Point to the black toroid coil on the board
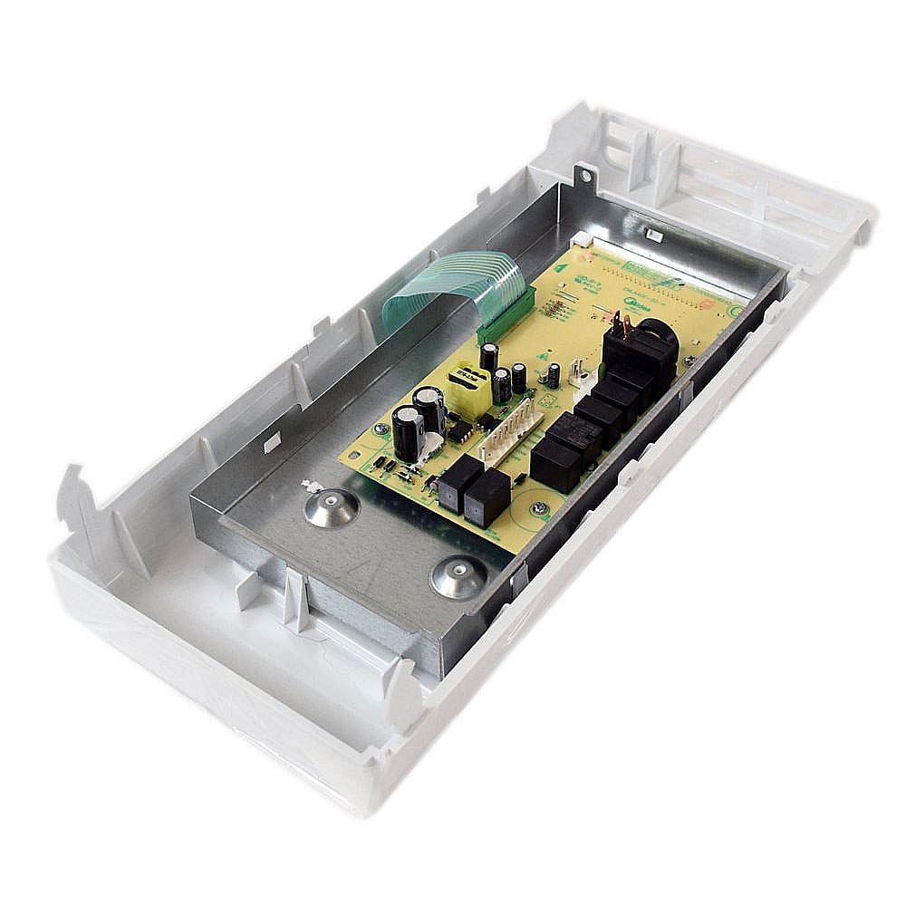pos(653,342)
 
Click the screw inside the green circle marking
pos(539,509)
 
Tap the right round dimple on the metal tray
pos(458,577)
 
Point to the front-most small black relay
pos(487,497)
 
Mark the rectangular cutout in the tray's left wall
pos(269,442)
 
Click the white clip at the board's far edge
pos(654,236)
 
